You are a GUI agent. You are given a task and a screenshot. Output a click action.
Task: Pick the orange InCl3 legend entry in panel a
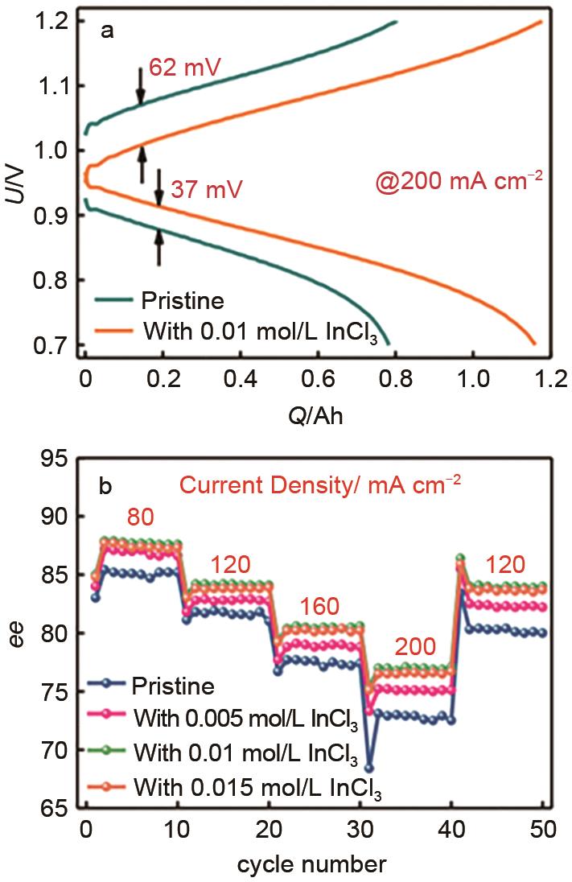(233, 331)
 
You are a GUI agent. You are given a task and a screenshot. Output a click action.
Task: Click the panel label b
(105, 486)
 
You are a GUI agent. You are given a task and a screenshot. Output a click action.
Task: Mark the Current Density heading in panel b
(321, 485)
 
